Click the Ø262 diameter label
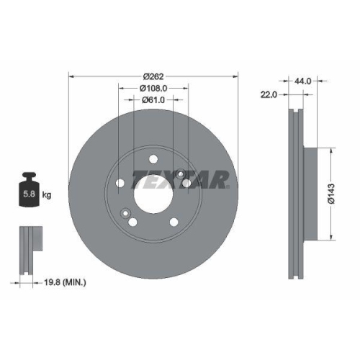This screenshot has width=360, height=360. coord(153,76)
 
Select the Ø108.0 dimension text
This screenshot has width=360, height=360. coord(153,88)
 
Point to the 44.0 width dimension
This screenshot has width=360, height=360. coord(303,81)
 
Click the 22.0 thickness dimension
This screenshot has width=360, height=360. coord(269,94)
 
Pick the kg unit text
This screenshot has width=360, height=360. coord(46,194)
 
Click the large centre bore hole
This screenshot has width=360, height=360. coord(153,193)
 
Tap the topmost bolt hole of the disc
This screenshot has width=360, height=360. coord(153,161)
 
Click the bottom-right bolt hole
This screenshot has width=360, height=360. coord(174,221)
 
